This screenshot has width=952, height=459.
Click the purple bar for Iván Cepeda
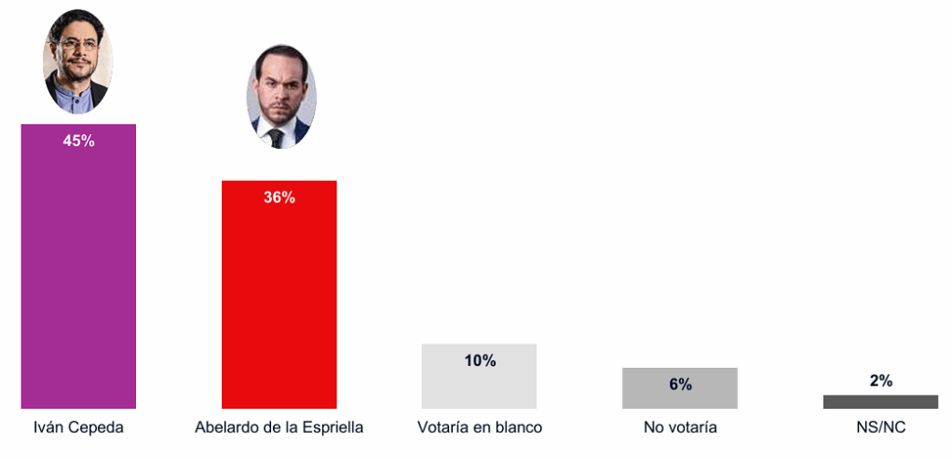tap(78, 279)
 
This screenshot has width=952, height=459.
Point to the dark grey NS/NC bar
tap(880, 401)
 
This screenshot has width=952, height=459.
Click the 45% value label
tap(78, 141)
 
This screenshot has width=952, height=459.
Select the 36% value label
tap(279, 197)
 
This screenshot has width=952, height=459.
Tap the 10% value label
tap(479, 360)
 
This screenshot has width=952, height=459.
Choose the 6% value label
tap(680, 384)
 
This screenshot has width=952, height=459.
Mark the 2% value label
tap(880, 380)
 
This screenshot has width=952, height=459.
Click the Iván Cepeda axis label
tap(78, 427)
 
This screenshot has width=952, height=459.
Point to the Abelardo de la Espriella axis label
tap(279, 427)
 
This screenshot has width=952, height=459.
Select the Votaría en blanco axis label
tap(479, 427)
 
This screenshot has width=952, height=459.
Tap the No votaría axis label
tap(680, 427)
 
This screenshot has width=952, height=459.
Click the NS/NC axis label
tap(881, 427)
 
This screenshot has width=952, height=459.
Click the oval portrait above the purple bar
tap(77, 62)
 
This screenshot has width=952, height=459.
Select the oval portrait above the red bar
tap(280, 97)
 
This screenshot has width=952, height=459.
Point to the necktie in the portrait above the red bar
tap(276, 138)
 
